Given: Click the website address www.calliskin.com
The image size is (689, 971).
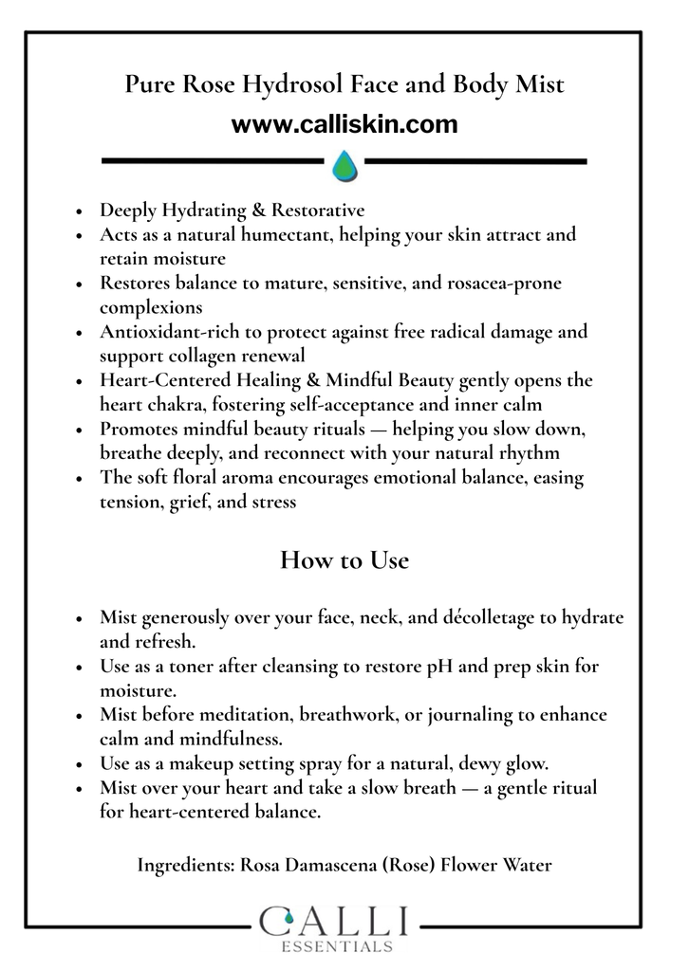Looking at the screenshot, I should point(344,124).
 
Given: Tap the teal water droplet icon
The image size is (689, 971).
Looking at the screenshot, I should point(344,166).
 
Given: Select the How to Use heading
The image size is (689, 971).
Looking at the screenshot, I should point(344,560).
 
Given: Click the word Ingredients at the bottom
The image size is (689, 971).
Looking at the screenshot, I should point(185,865).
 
